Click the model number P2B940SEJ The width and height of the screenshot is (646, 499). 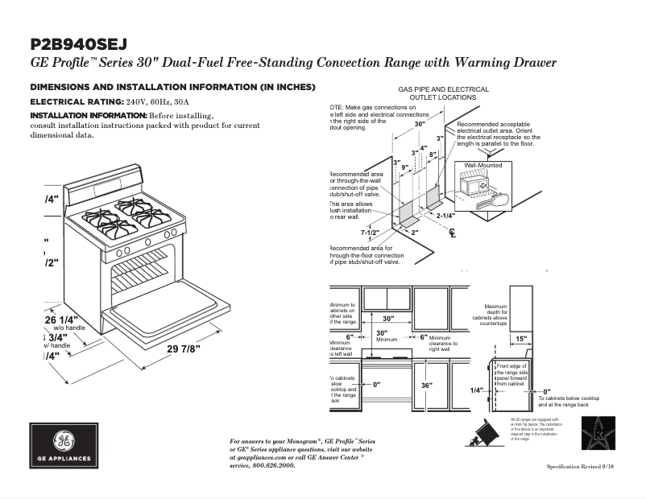[79, 44]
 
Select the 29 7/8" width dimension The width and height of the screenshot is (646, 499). [184, 348]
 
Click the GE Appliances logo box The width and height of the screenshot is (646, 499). [64, 446]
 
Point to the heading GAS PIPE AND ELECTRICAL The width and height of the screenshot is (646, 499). [443, 89]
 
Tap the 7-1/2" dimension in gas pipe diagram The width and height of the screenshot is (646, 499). [370, 233]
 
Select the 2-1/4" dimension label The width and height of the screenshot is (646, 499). [445, 216]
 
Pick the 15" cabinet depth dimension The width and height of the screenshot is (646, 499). [520, 339]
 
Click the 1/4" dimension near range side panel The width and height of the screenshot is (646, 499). [476, 390]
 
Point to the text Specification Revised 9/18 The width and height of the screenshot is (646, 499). [585, 467]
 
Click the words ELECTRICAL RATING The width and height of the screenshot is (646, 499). [77, 102]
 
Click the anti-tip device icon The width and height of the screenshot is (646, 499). [484, 435]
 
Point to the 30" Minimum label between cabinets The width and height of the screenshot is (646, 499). [383, 336]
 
